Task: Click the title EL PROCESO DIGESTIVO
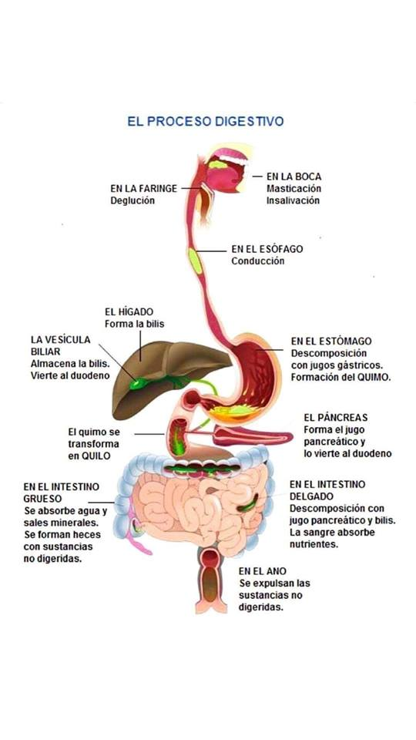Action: coord(206,121)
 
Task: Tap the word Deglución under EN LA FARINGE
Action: coord(133,200)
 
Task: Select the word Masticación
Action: coord(294,188)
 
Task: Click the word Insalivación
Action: coord(293,200)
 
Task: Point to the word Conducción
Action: coord(257,261)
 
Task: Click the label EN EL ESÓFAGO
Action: coord(267,249)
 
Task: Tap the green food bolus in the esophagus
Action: coord(195,261)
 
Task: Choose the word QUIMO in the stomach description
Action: coord(374,377)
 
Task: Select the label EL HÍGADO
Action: coord(129,312)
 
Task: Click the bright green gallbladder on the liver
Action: coord(137,383)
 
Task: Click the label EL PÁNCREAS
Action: coord(336,418)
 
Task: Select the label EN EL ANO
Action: coord(262,571)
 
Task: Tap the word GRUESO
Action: coord(42,499)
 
